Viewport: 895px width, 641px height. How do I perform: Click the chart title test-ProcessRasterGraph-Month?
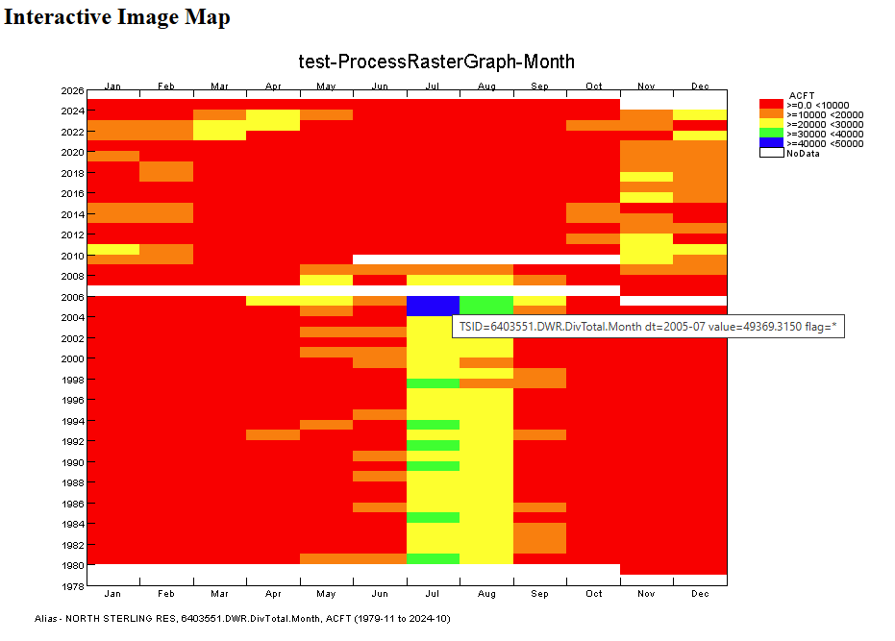click(436, 62)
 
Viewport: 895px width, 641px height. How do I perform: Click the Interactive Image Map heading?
click(117, 17)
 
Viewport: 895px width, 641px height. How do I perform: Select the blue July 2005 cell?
click(433, 306)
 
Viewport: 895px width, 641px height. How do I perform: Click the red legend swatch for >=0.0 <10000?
click(771, 104)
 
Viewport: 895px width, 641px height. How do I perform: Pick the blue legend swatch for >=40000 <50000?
click(771, 143)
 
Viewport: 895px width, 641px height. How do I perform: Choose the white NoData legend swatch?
click(771, 153)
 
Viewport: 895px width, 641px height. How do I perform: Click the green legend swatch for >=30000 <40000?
click(771, 134)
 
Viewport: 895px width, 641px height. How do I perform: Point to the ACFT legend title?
click(801, 95)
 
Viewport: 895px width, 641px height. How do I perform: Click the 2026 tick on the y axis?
click(72, 91)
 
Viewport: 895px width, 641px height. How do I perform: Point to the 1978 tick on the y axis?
click(72, 585)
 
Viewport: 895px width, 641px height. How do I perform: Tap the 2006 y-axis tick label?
click(72, 297)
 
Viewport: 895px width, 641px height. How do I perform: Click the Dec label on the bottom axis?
click(700, 594)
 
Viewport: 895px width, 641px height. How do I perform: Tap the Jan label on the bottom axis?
click(113, 594)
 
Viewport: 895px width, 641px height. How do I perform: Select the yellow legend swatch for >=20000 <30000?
click(771, 124)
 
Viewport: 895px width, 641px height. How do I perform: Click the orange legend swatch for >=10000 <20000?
click(771, 114)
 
